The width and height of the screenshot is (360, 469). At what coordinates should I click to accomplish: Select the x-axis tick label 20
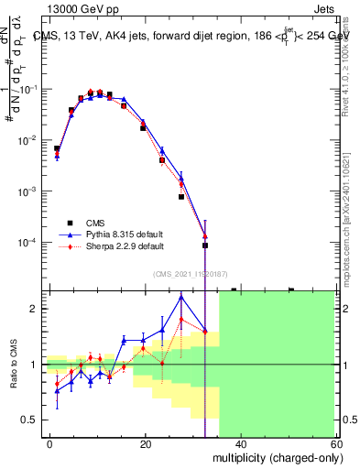click(x=146, y=444)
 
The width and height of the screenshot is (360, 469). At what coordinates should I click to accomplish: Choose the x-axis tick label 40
click(x=241, y=444)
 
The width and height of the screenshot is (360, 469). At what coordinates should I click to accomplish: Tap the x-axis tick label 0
click(x=49, y=444)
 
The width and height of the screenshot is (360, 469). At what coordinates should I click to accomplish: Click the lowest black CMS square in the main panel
click(x=205, y=245)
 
